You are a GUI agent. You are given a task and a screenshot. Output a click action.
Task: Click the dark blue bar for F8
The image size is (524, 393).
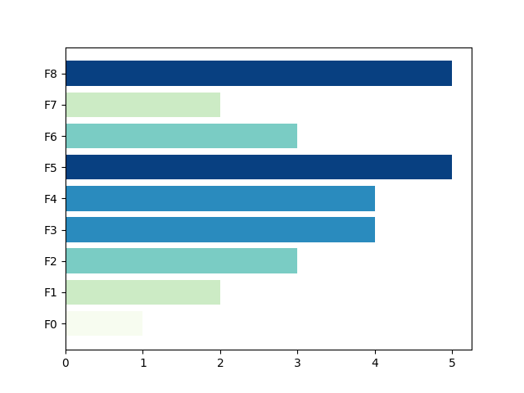pyautogui.click(x=259, y=73)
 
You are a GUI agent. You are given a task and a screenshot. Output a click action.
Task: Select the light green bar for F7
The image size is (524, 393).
pyautogui.click(x=143, y=105)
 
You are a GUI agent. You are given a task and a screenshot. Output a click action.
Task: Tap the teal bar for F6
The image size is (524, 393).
pyautogui.click(x=182, y=136)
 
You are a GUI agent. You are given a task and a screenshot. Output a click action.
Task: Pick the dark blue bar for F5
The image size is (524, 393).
pyautogui.click(x=259, y=167)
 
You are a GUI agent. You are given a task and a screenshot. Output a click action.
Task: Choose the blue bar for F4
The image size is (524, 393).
pyautogui.click(x=220, y=198)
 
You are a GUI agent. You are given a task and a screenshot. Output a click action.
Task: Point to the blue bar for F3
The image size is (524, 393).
pyautogui.click(x=220, y=229)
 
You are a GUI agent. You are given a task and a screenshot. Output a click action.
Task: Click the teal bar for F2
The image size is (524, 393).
pyautogui.click(x=182, y=261)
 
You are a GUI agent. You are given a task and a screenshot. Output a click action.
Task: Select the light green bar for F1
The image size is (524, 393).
pyautogui.click(x=143, y=292)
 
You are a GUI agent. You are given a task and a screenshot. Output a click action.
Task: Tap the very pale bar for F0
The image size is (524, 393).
pyautogui.click(x=104, y=323)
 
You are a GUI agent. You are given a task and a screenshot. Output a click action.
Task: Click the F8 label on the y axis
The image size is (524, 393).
pyautogui.click(x=51, y=74)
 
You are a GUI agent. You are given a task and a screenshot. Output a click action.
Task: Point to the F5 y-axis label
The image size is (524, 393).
pyautogui.click(x=51, y=168)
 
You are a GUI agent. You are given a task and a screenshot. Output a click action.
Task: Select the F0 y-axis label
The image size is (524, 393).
pyautogui.click(x=51, y=324)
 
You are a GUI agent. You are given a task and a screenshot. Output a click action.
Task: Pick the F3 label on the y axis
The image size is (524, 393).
pyautogui.click(x=51, y=230)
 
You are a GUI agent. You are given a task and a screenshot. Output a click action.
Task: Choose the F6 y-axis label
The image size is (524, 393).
pyautogui.click(x=51, y=137)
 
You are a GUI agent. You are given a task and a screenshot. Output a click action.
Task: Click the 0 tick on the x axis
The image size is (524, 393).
pyautogui.click(x=65, y=363)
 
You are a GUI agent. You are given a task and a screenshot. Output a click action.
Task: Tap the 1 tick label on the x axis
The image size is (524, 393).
pyautogui.click(x=143, y=363)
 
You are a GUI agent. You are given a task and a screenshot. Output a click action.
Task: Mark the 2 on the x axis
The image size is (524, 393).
pyautogui.click(x=220, y=363)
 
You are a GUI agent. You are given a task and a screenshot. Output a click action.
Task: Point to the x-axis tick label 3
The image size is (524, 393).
pyautogui.click(x=297, y=363)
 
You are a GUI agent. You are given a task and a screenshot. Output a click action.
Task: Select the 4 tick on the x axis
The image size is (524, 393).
pyautogui.click(x=375, y=363)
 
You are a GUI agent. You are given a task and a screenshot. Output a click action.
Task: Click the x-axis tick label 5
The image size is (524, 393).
pyautogui.click(x=452, y=363)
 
